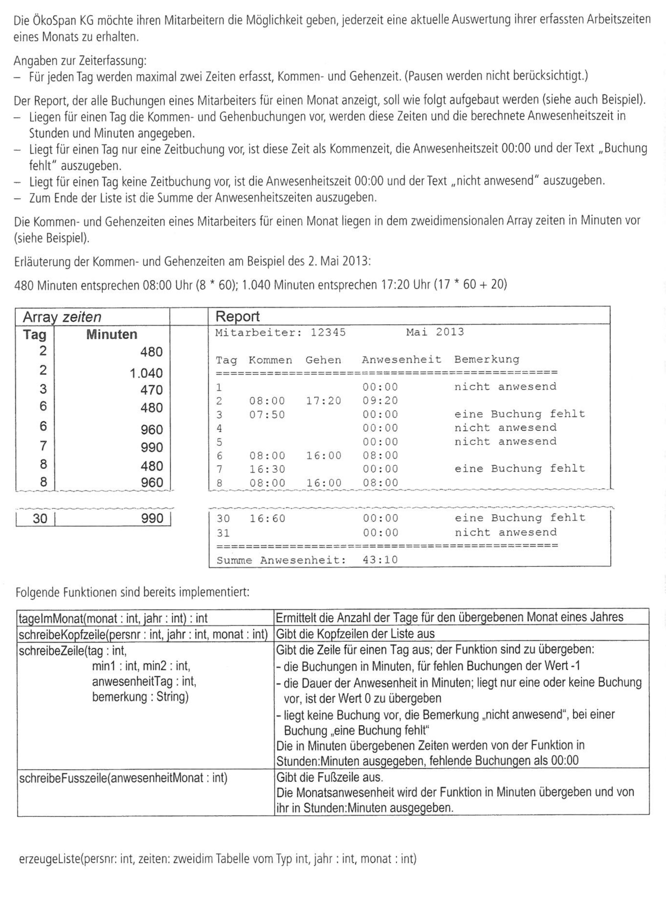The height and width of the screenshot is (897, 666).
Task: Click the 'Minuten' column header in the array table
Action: click(x=112, y=335)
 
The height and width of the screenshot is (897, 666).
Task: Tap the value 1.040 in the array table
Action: click(x=146, y=373)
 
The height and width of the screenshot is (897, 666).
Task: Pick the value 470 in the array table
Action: click(x=152, y=390)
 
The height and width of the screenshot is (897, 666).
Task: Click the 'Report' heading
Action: click(x=237, y=317)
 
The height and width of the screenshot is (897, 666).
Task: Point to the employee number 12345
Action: click(x=328, y=333)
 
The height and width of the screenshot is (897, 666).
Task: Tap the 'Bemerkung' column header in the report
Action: click(x=487, y=359)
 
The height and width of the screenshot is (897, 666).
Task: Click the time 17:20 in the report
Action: click(x=323, y=401)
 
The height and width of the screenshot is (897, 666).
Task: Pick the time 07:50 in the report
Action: click(x=267, y=414)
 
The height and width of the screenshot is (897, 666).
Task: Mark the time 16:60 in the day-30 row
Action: click(x=267, y=519)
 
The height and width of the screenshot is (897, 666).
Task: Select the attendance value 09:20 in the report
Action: click(x=380, y=401)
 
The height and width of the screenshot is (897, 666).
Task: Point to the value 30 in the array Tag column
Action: click(x=40, y=519)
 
